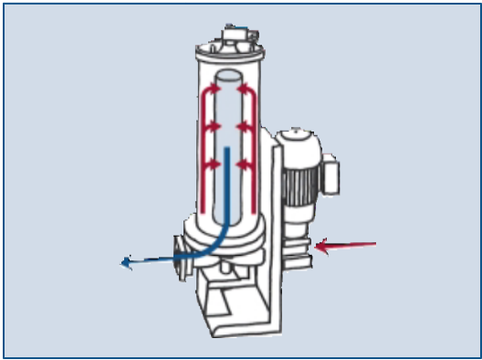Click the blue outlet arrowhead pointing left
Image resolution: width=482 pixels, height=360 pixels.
tap(127, 265)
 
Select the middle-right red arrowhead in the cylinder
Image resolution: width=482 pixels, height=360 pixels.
tap(244, 127)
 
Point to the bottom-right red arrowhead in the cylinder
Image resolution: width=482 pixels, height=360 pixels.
tap(244, 164)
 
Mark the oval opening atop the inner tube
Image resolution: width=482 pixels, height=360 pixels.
tap(229, 79)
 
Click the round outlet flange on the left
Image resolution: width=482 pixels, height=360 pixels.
tap(181, 259)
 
